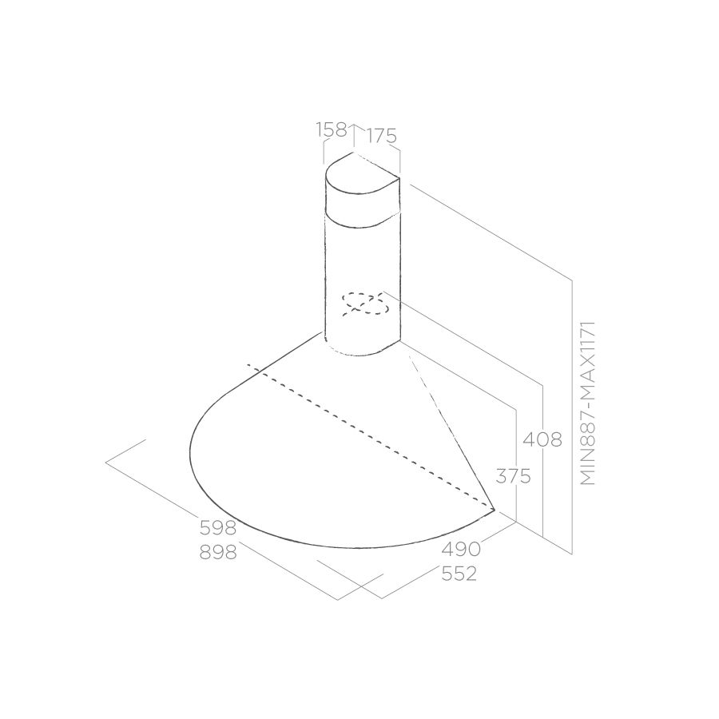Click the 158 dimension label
coord(332,130)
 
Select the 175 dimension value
coord(382,136)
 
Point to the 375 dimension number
coord(513,477)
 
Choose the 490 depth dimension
coord(461,549)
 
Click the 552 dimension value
coord(459,574)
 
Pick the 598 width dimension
coord(218,528)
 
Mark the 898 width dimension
coord(218,553)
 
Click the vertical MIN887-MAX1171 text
coord(587,403)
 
